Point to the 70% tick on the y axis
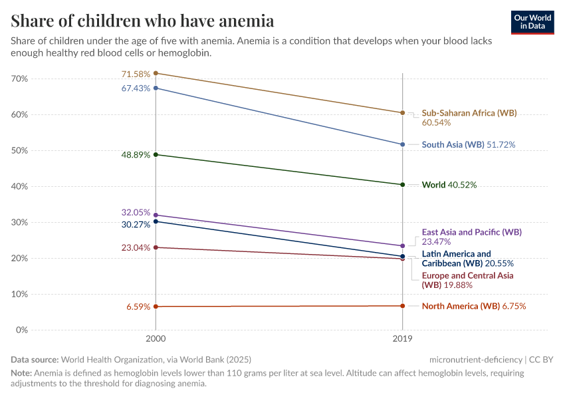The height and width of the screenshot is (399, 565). pos(19,78)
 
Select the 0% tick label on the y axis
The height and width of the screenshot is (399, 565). pos(22,330)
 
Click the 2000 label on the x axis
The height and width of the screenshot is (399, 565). pos(156,338)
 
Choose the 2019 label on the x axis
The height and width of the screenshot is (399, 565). pos(402,338)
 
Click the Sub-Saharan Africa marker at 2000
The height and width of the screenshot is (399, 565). pos(156,73)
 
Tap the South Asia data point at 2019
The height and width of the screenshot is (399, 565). pos(402,144)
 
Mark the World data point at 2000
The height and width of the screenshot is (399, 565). pos(156,154)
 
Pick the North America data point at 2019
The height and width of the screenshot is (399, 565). pos(402,306)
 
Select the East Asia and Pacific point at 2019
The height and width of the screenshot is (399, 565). pos(402,246)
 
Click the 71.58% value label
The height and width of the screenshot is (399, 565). pos(136,74)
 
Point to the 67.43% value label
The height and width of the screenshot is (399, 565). pos(136,88)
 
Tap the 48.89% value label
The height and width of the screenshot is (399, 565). pos(136,154)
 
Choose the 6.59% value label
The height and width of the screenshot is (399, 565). pos(138,307)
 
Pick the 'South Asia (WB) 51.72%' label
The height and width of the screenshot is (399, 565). pos(469,144)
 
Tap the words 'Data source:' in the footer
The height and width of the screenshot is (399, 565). pos(35,360)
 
